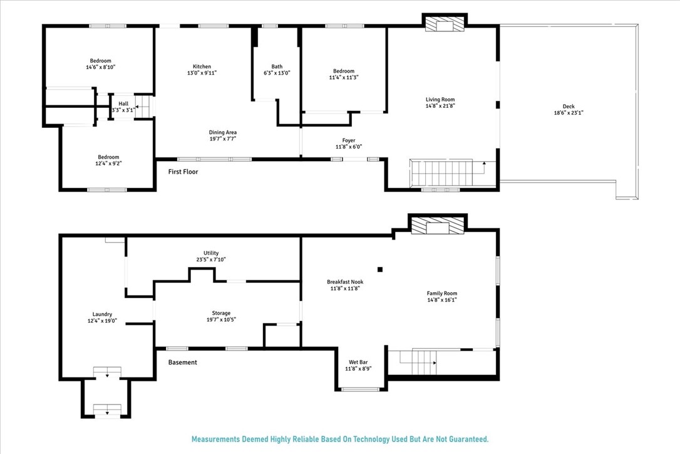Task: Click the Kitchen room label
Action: pyautogui.click(x=202, y=66)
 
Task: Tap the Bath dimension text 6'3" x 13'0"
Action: pyautogui.click(x=277, y=73)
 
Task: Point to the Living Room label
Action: pyautogui.click(x=440, y=99)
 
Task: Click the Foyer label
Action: pyautogui.click(x=348, y=140)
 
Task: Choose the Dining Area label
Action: pyautogui.click(x=223, y=132)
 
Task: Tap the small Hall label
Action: pyautogui.click(x=123, y=103)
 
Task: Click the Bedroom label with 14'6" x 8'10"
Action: pyautogui.click(x=100, y=60)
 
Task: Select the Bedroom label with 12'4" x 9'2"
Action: pyautogui.click(x=108, y=157)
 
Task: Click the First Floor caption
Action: pyautogui.click(x=183, y=171)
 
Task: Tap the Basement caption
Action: pyautogui.click(x=182, y=362)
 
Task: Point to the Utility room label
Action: pyautogui.click(x=210, y=253)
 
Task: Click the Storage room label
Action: pyautogui.click(x=220, y=313)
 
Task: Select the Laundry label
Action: pyautogui.click(x=102, y=314)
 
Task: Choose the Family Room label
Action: pyautogui.click(x=441, y=293)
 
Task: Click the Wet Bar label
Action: pyautogui.click(x=360, y=362)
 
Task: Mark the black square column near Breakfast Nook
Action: pyautogui.click(x=379, y=270)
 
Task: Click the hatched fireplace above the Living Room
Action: pyautogui.click(x=445, y=24)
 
